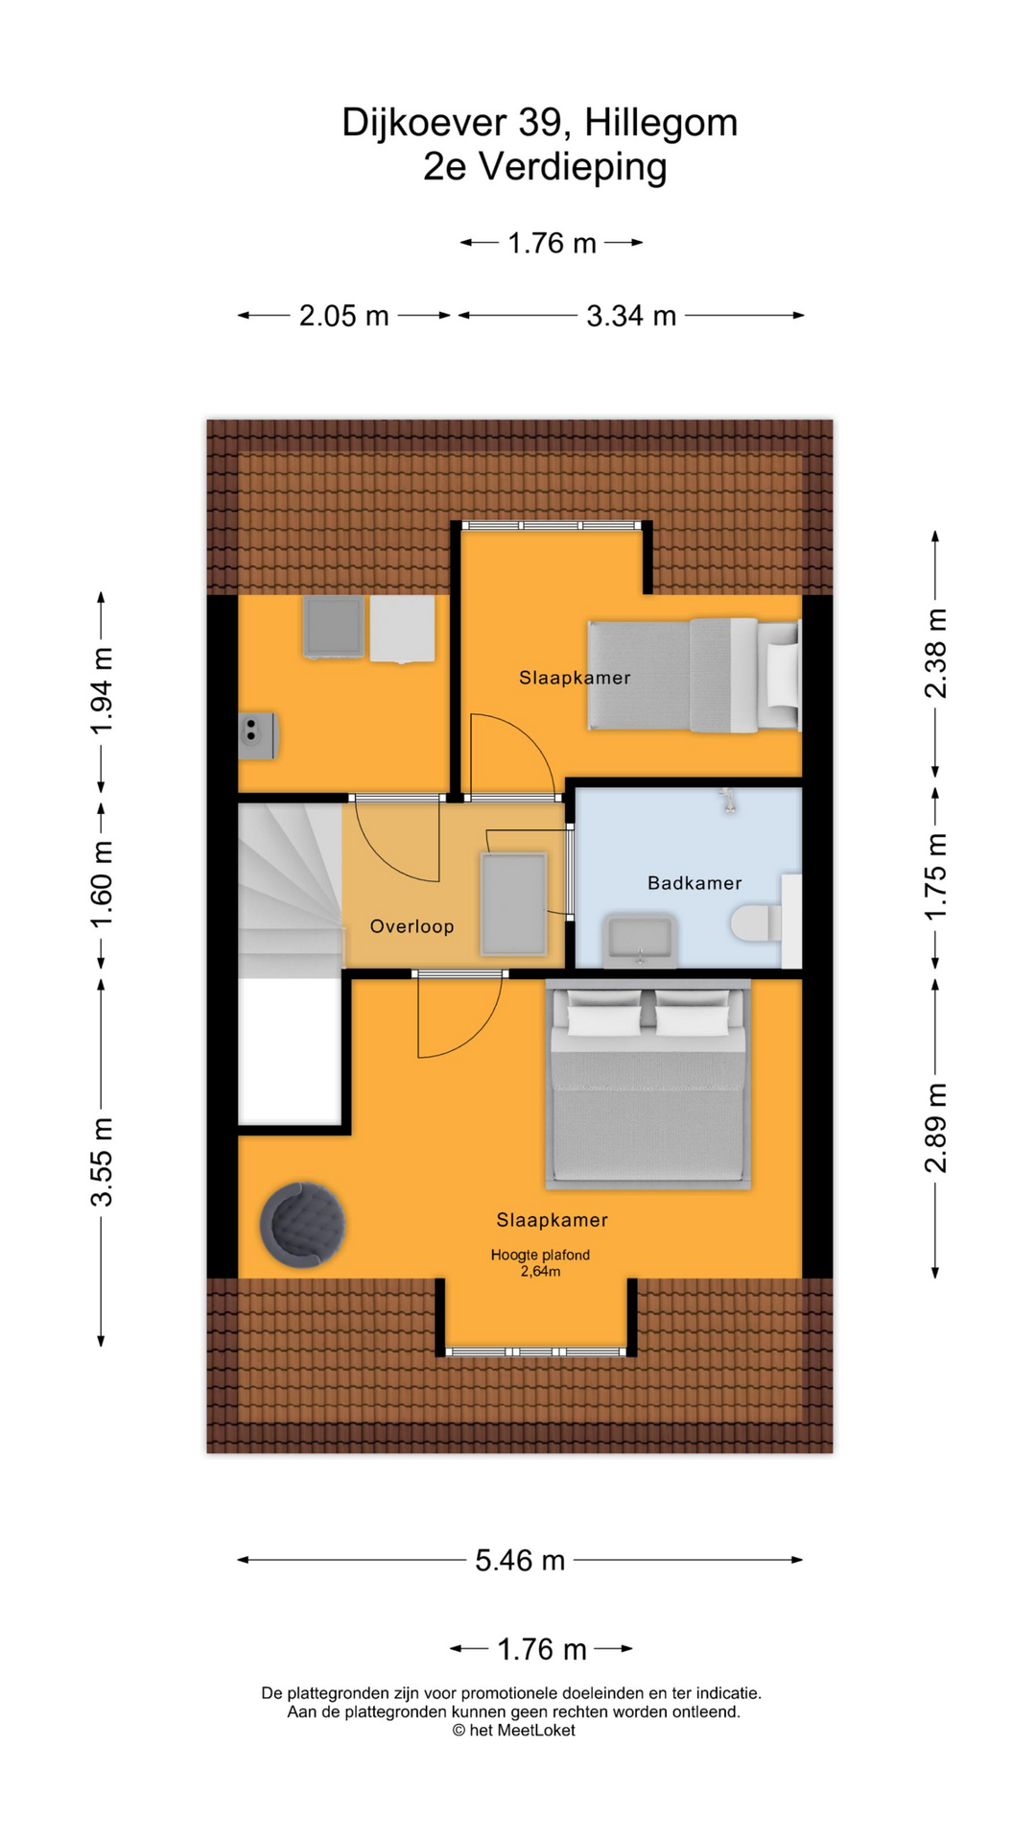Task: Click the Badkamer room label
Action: (x=694, y=883)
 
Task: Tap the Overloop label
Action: (x=412, y=926)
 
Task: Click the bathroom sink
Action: (x=640, y=940)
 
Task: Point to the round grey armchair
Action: (x=302, y=1225)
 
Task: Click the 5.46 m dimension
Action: (x=520, y=1560)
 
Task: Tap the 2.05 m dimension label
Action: (x=343, y=316)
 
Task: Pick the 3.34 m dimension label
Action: (x=631, y=316)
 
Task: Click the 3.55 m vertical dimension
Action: (x=102, y=1161)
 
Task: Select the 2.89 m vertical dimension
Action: (x=935, y=1128)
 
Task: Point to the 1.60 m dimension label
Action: (x=102, y=884)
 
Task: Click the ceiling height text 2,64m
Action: (x=540, y=1272)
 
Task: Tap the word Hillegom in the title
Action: (x=661, y=123)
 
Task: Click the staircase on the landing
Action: (x=288, y=888)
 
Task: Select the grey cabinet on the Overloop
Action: (x=514, y=903)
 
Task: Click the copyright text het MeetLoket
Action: (x=514, y=1730)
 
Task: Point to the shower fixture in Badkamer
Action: (x=729, y=801)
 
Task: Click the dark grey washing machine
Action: (x=333, y=627)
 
